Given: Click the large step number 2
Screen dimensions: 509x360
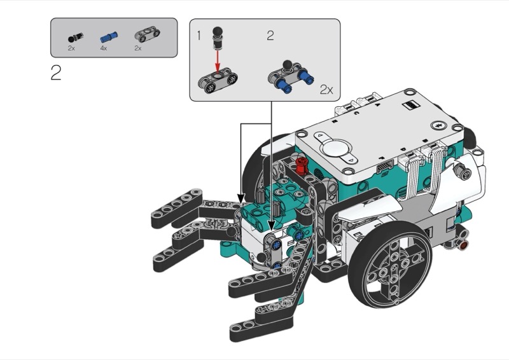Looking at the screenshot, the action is [x=56, y=73].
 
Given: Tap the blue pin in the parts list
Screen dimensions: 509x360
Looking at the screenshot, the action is [x=109, y=37].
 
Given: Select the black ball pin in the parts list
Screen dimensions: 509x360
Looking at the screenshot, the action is [x=75, y=38].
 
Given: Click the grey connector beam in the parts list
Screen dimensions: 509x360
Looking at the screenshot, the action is [x=147, y=34].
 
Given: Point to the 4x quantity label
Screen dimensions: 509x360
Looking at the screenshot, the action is [x=104, y=48].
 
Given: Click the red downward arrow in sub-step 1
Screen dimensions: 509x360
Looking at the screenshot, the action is [x=218, y=60].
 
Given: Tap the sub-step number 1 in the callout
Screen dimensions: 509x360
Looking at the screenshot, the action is [x=199, y=36].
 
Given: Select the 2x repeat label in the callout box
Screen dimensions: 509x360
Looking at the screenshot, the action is [x=326, y=90].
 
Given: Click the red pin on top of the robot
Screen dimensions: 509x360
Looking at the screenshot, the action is [x=302, y=165].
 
